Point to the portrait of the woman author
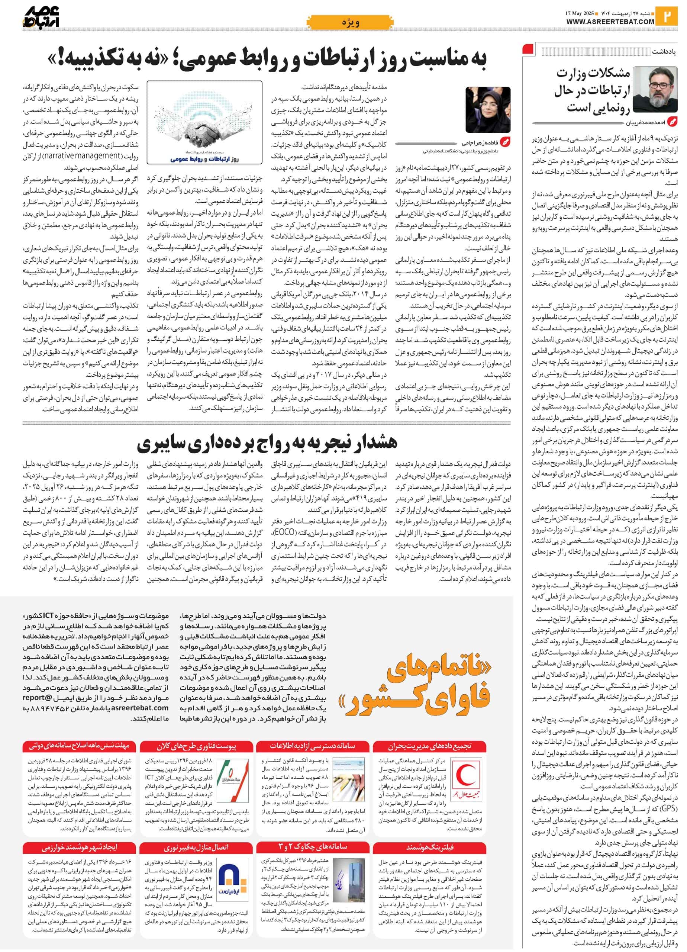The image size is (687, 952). coord(488,110)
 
